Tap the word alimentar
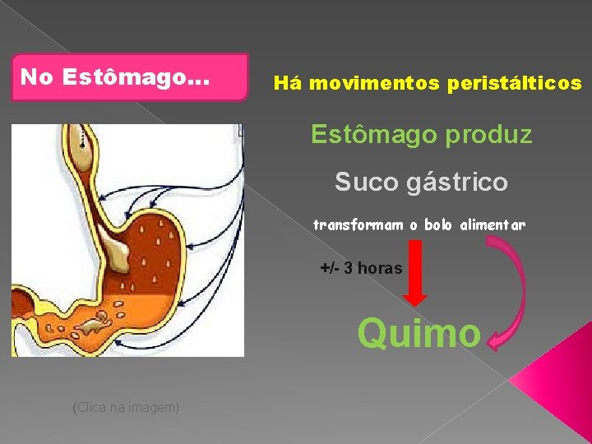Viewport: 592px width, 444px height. pyautogui.click(x=494, y=224)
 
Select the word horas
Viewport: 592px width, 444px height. pyautogui.click(x=380, y=268)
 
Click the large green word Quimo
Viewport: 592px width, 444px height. pyautogui.click(x=419, y=333)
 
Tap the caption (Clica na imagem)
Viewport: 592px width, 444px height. pyautogui.click(x=126, y=407)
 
